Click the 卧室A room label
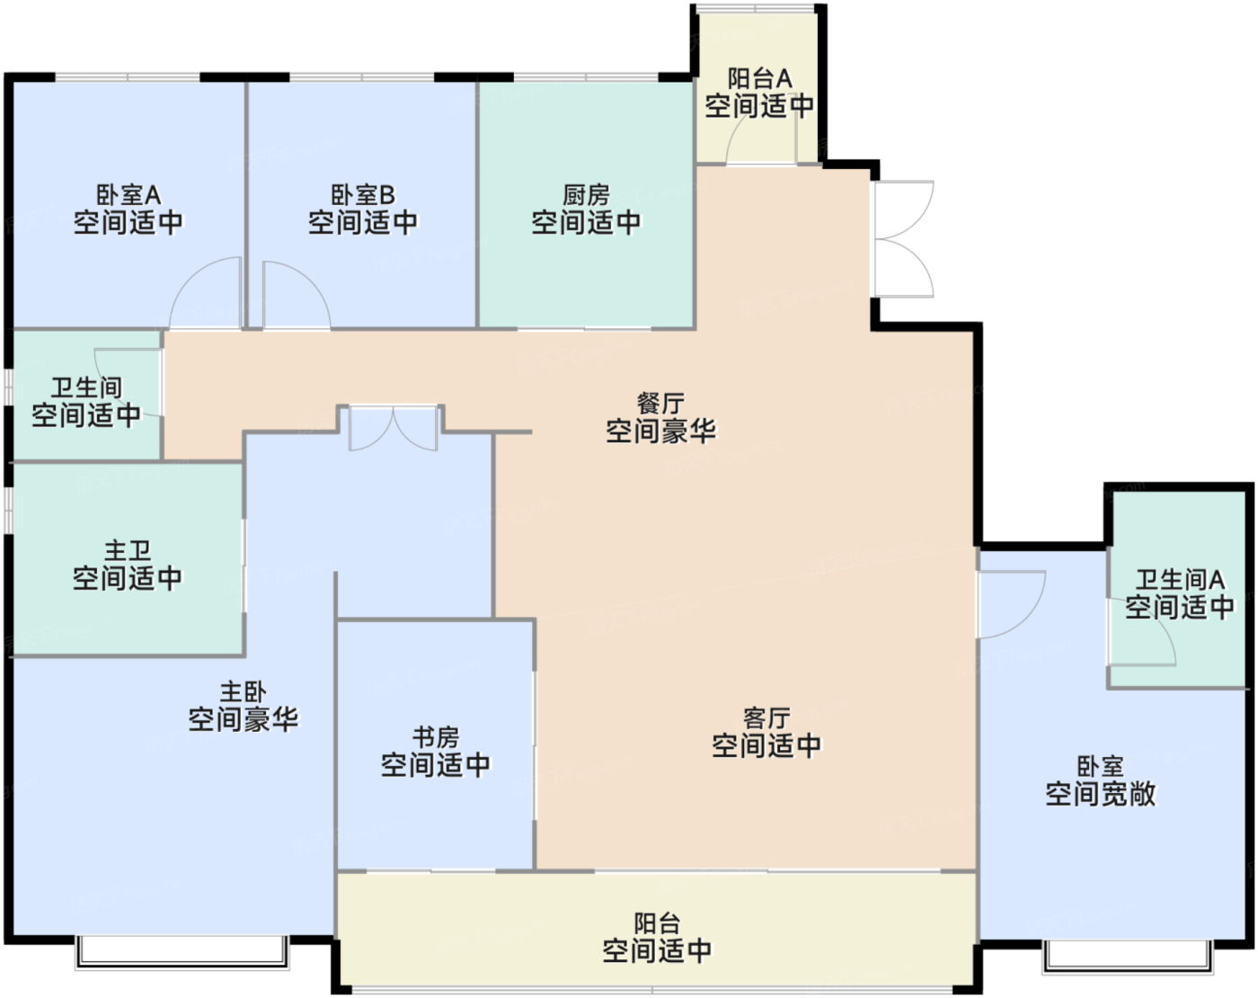128,195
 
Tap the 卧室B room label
363,195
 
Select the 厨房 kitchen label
586,195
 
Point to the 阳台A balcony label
759,79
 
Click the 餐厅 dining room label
660,404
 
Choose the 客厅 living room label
766,717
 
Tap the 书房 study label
436,737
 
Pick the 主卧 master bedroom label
244,692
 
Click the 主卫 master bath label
128,550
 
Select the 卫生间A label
1180,580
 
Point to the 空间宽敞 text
1100,794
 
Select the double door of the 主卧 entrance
393,430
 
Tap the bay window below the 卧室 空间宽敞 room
1128,957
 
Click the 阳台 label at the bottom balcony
657,924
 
